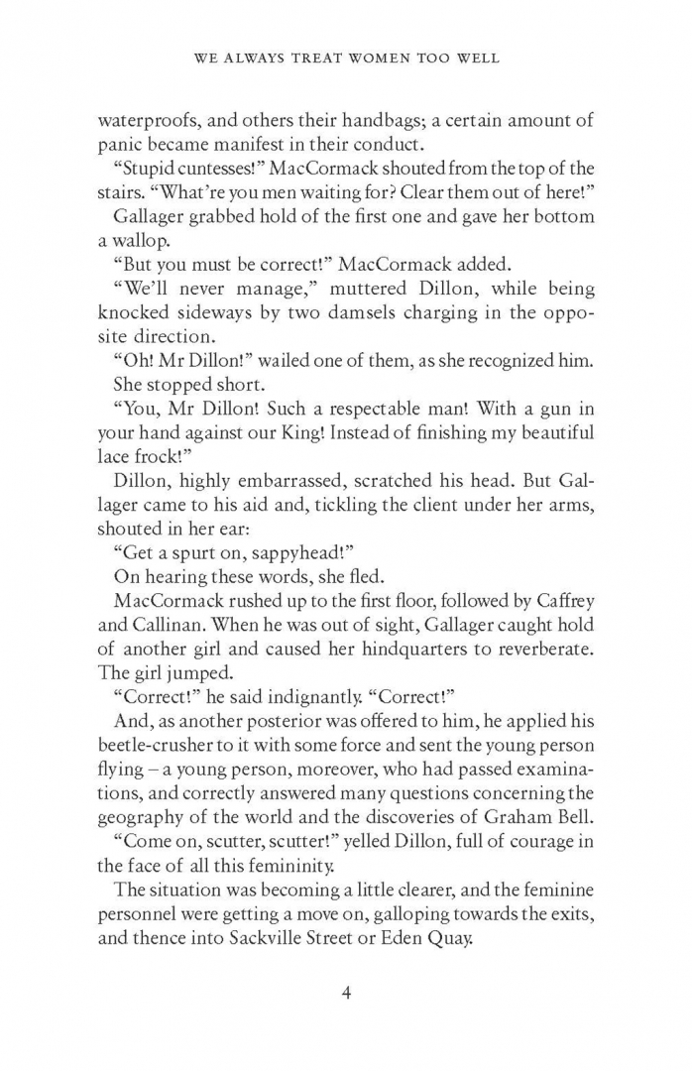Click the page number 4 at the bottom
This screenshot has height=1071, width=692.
[346, 992]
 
